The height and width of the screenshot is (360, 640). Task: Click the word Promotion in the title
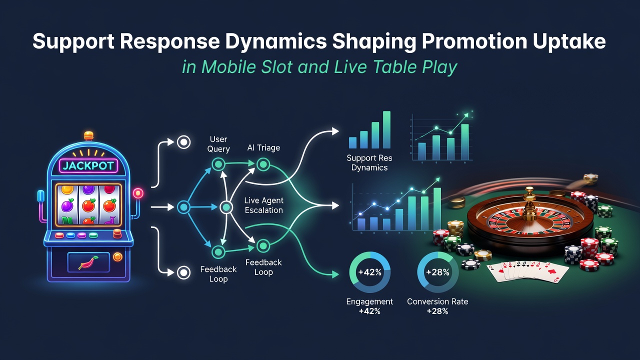pyautogui.click(x=474, y=41)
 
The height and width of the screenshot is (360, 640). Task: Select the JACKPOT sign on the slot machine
pyautogui.click(x=88, y=166)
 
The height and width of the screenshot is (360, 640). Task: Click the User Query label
pyautogui.click(x=218, y=144)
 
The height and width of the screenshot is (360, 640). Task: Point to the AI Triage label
pyautogui.click(x=263, y=147)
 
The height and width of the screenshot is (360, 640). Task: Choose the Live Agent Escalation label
pyautogui.click(x=263, y=205)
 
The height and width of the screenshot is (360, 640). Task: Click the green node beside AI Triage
pyautogui.click(x=263, y=164)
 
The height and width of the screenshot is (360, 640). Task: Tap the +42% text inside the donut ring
pyautogui.click(x=369, y=272)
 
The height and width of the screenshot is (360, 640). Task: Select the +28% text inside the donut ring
pyautogui.click(x=437, y=272)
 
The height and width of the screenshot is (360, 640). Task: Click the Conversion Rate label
pyautogui.click(x=437, y=301)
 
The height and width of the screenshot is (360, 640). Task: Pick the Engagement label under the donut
pyautogui.click(x=369, y=301)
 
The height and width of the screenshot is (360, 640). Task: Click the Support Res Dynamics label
pyautogui.click(x=369, y=162)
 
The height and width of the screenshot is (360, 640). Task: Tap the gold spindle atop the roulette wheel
pyautogui.click(x=529, y=203)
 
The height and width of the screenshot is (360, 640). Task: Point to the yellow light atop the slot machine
pyautogui.click(x=88, y=135)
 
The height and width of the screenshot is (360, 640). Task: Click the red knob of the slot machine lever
pyautogui.click(x=138, y=193)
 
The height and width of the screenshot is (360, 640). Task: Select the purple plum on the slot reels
pyautogui.click(x=67, y=205)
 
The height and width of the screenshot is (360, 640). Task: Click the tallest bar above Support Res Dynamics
pyautogui.click(x=386, y=129)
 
